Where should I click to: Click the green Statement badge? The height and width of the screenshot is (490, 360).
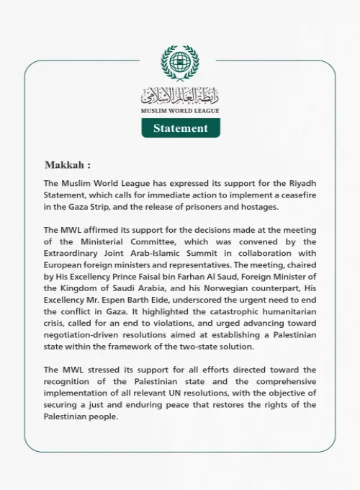tap(180, 128)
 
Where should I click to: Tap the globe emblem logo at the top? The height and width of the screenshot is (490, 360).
tap(180, 63)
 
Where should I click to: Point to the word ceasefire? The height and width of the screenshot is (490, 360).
tap(296, 196)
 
